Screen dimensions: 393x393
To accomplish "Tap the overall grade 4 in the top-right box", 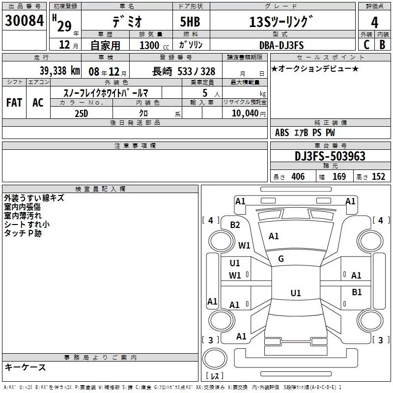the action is click(375, 23).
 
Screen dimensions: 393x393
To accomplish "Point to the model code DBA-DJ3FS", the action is click(281, 45).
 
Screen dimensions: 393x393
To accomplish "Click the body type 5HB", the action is click(187, 23).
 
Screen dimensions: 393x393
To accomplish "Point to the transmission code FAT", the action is click(14, 103).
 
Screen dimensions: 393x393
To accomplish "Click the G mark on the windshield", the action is click(281, 259).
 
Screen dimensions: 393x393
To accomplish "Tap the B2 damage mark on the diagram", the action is click(235, 225).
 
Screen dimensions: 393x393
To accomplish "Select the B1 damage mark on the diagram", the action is click(357, 292).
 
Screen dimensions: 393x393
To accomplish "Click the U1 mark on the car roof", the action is click(295, 293).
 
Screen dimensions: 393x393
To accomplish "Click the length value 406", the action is click(297, 177).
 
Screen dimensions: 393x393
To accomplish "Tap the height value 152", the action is click(379, 177).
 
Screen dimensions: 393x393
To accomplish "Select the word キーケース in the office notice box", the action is click(26, 367).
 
